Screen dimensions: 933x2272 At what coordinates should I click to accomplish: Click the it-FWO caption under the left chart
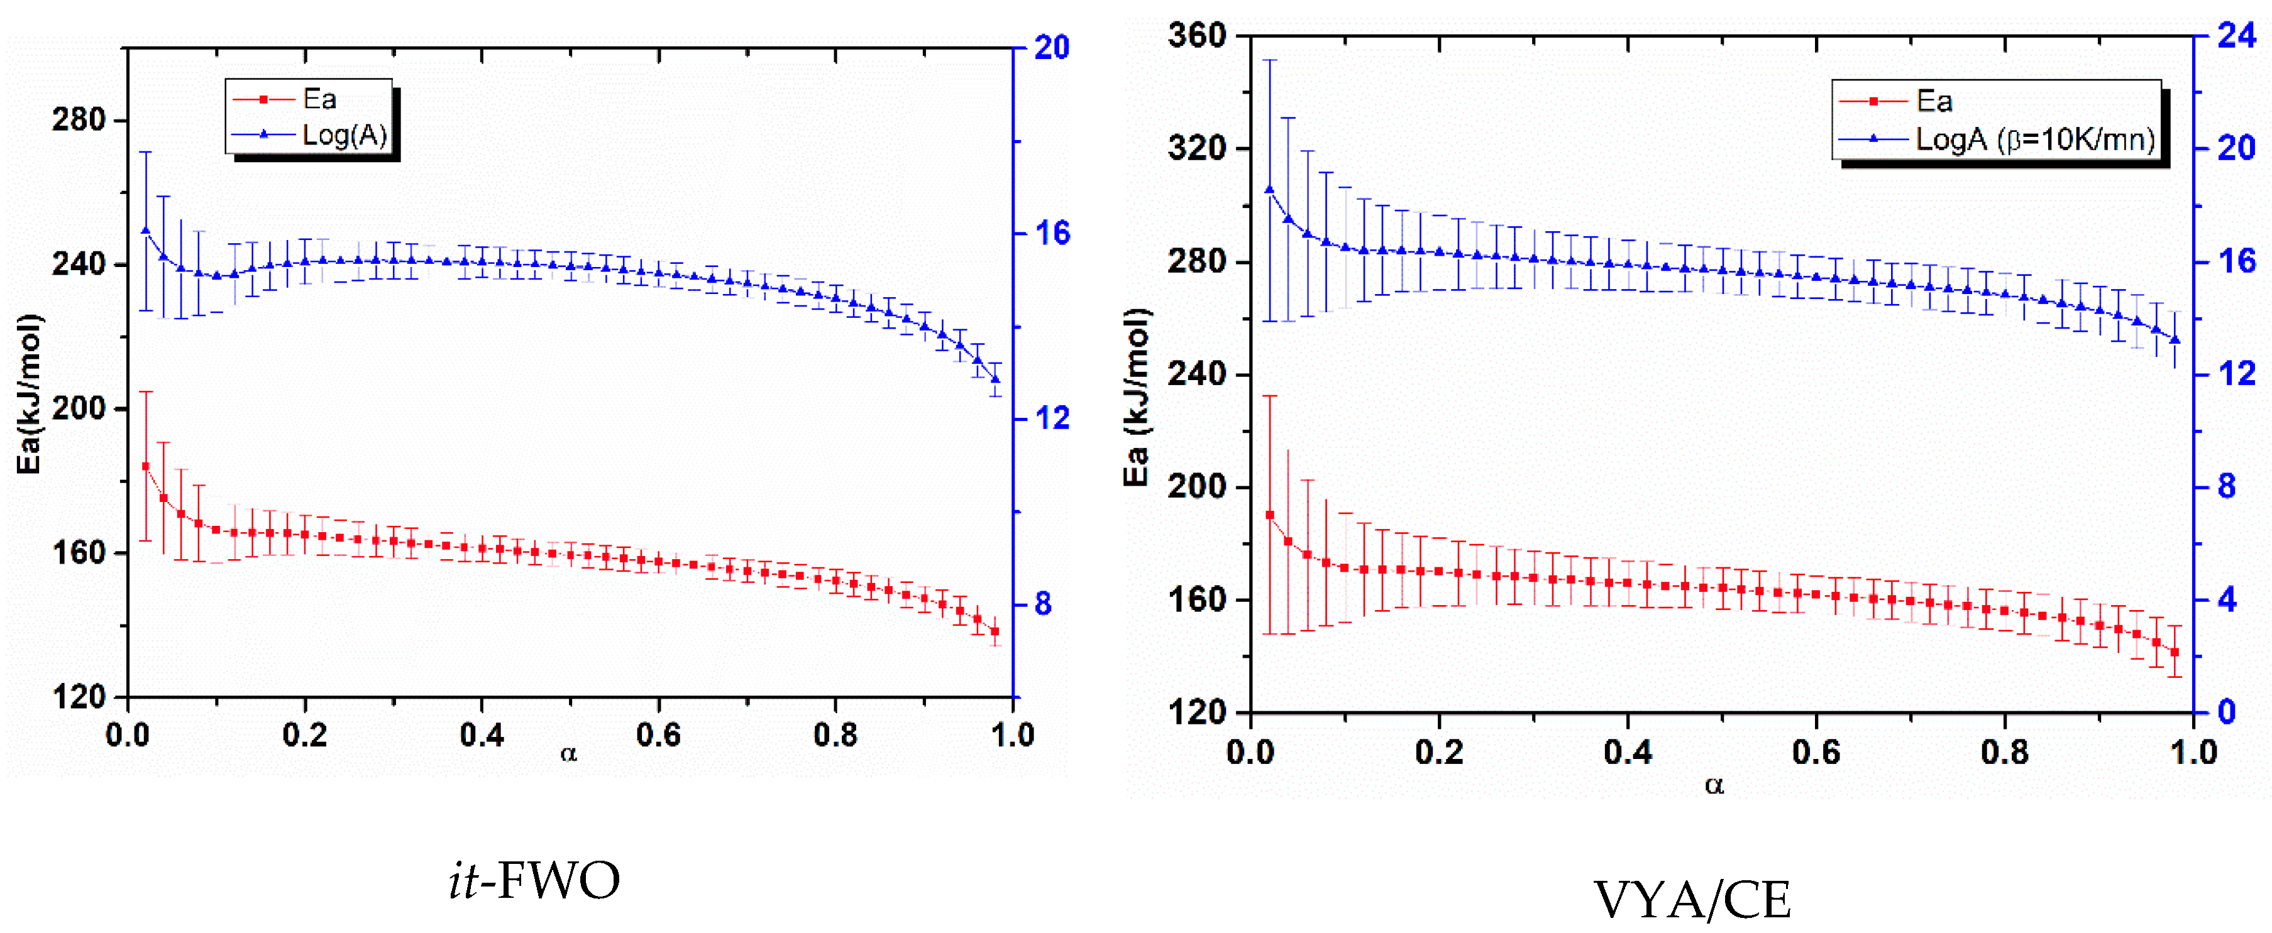(x=534, y=880)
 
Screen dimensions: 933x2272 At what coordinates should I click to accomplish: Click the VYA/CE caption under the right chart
(x=1692, y=900)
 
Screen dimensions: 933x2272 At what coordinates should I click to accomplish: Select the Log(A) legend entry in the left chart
(x=344, y=135)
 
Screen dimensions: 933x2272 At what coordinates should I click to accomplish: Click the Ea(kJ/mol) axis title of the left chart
(x=29, y=393)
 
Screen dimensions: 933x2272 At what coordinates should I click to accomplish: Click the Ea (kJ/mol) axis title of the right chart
(x=1136, y=397)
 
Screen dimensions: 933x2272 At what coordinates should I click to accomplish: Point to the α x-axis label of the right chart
(x=1714, y=784)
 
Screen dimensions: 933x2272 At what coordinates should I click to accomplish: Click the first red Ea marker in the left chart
(x=145, y=466)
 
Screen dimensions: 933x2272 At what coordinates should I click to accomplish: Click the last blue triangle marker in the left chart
(x=996, y=379)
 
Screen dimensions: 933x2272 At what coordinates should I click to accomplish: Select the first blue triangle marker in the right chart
(x=1269, y=188)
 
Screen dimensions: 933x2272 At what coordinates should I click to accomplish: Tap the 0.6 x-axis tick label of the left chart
(x=658, y=734)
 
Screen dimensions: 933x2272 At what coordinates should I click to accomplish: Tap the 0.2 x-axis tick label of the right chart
(x=1438, y=752)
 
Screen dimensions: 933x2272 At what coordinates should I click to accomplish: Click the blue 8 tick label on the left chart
(x=1044, y=604)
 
